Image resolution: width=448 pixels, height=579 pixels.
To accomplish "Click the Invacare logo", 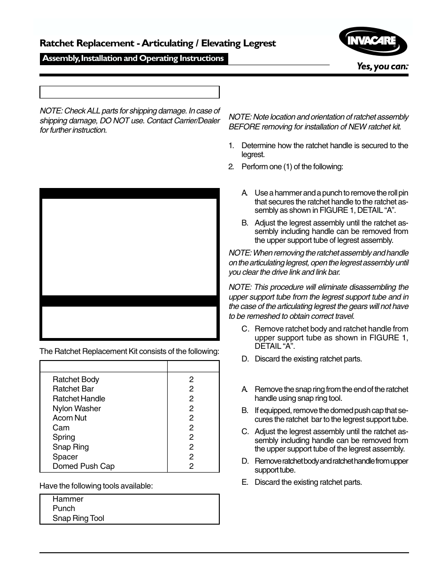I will coord(372,41).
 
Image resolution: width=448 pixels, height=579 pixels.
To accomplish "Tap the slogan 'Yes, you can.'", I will coord(382,67).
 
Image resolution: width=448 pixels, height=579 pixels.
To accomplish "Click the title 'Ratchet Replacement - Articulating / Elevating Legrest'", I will coord(157,44).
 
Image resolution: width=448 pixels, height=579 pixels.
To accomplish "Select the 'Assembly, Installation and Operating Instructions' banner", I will coord(133,59).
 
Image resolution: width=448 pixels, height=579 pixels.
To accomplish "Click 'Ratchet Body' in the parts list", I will coord(76,379).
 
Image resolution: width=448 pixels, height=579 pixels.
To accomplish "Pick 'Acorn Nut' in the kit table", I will coord(70,418).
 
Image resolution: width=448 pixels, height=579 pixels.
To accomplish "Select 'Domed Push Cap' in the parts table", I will coord(83,466).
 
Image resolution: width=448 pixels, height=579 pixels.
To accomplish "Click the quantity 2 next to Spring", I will coord(191,437).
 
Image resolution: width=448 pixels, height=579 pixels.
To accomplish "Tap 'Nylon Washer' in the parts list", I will coord(77,408).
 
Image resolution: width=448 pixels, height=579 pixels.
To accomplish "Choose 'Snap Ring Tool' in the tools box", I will coord(78,518).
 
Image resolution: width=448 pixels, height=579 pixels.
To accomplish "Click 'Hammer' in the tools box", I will coord(68,499).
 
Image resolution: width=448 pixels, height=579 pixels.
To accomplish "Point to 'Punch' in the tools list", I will coord(63,508).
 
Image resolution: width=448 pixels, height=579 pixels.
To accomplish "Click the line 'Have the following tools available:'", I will coord(96,486).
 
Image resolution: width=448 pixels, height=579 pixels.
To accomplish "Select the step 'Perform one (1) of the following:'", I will coord(292,166).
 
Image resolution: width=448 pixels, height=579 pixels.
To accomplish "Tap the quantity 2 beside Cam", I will coord(191,428).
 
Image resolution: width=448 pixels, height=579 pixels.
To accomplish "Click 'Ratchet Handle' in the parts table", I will coord(78,399).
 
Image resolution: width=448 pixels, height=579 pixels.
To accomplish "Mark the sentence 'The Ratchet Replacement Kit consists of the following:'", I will coord(129,351).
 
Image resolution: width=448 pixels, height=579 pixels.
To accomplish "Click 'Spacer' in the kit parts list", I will coord(65,457).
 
